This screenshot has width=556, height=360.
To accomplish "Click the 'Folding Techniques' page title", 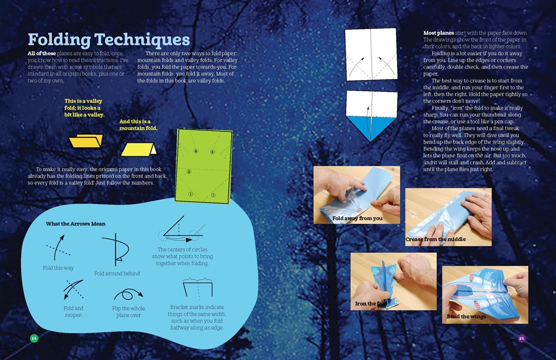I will pos(108,40).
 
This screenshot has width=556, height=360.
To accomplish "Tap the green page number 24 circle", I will pos(34,338).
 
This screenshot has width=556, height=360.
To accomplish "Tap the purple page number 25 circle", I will pos(521,338).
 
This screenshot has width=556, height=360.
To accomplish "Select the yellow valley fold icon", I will pos(86,141).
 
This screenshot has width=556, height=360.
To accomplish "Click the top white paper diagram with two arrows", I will pos(371,55).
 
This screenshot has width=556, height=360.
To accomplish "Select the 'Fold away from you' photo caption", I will pos(358,218).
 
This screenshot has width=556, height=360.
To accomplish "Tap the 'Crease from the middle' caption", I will pos(435,239).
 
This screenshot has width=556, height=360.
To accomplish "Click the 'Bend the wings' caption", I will pos(466,317).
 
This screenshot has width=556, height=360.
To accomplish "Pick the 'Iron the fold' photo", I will pos(385,281).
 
